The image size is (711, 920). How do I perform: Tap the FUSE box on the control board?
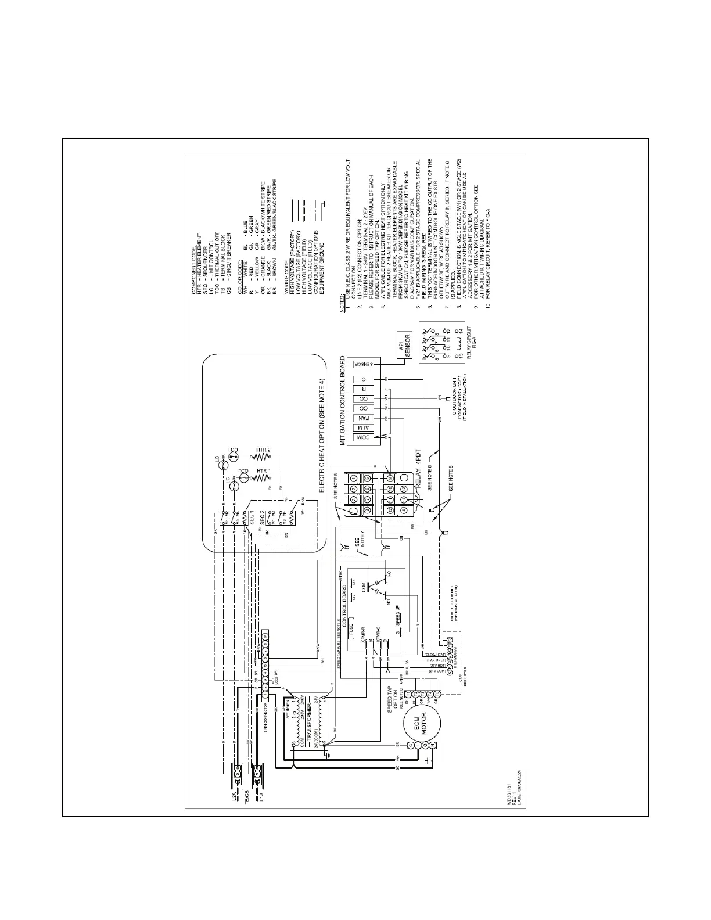[x=351, y=630]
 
